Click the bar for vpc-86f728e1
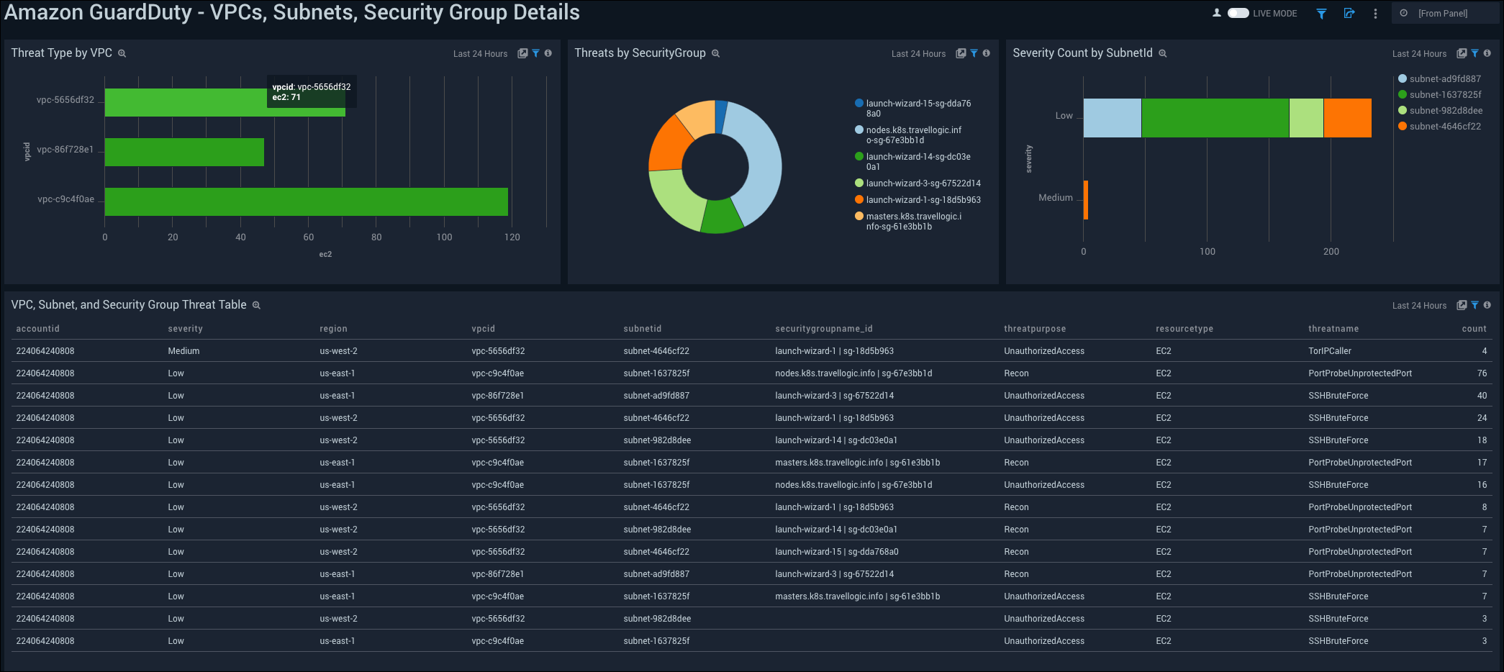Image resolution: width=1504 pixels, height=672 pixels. point(184,152)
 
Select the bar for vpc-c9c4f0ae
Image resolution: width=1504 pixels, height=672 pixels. point(306,201)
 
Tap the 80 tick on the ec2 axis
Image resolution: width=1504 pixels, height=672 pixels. point(376,237)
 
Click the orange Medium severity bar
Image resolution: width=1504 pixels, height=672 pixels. point(1085,199)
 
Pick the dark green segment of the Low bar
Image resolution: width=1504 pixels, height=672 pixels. point(1215,118)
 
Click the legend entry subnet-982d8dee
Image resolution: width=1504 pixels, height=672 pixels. point(1446,111)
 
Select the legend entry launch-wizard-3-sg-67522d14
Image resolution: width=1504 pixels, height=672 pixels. point(923,183)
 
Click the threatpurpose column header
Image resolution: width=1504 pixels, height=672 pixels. point(1035,329)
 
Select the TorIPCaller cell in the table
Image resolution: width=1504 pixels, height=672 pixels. point(1329,351)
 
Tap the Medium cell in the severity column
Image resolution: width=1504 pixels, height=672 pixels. point(184,351)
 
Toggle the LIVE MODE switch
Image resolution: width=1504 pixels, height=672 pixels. point(1238,13)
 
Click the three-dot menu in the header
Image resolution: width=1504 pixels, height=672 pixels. point(1375,13)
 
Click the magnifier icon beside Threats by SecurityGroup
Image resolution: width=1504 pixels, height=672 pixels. point(715,54)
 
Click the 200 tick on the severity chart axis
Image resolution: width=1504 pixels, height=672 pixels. point(1331,252)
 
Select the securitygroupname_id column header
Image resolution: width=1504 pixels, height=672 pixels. point(823,329)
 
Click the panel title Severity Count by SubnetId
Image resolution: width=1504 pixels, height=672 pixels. point(1082,53)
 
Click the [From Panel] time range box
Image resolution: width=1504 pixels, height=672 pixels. point(1442,13)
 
